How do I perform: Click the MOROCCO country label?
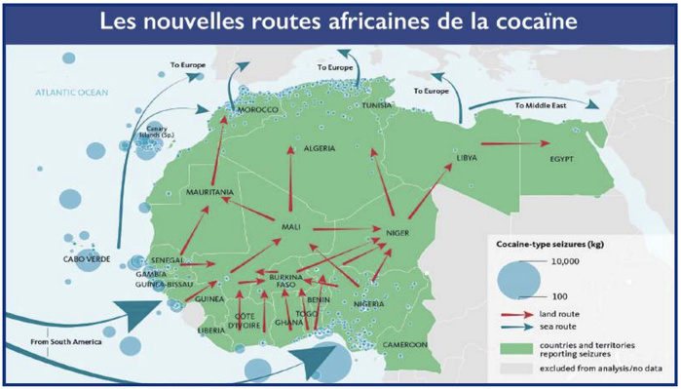pos(258,110)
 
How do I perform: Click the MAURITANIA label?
pos(208,192)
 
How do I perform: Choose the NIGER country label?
pos(397,234)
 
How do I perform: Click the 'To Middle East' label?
pos(540,101)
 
